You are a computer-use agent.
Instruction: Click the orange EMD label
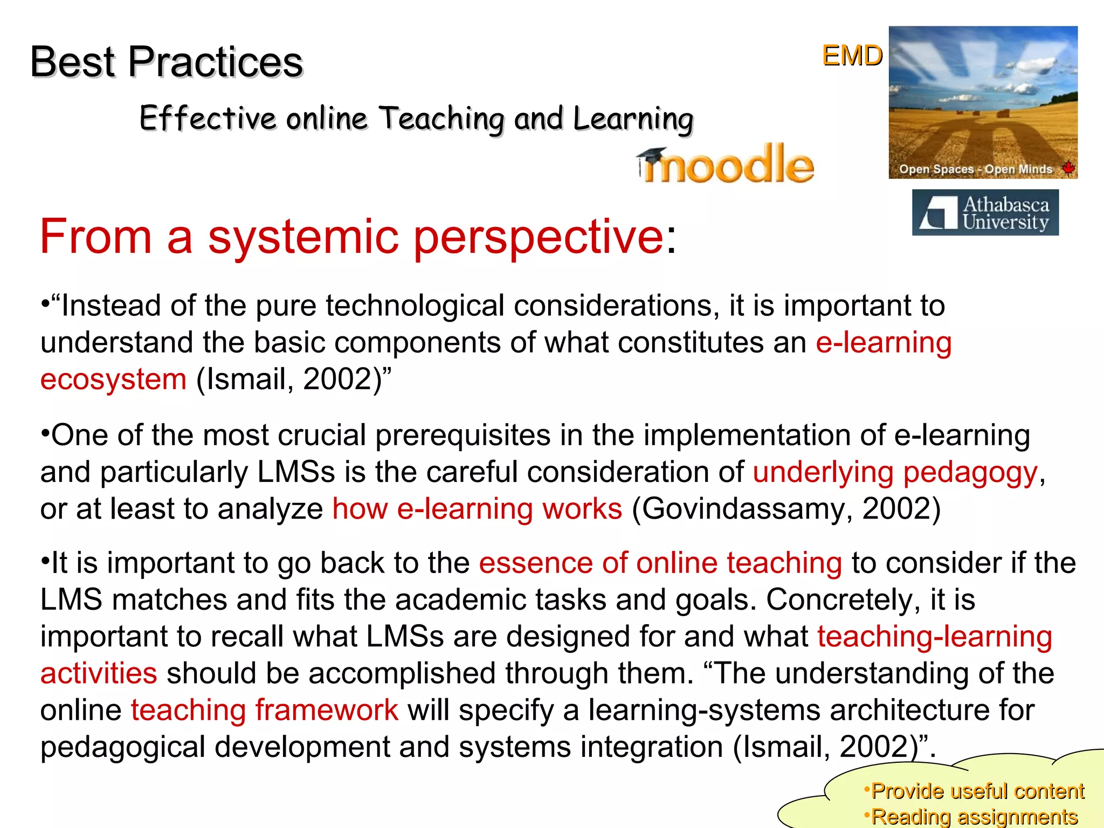coord(852,56)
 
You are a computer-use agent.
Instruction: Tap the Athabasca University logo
coord(985,212)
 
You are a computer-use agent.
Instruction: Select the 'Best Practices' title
coord(167,61)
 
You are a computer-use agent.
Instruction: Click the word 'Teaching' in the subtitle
coord(442,118)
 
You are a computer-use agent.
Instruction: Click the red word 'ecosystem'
coord(113,379)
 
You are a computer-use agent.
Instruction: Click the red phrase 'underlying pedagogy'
coord(895,472)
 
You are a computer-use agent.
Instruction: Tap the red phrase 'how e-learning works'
coord(477,508)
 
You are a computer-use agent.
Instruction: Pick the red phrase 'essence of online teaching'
coord(660,563)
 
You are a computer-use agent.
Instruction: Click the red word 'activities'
coord(99,673)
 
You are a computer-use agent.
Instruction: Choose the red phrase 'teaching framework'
coord(264,710)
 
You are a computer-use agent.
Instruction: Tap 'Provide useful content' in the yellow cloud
coord(977,791)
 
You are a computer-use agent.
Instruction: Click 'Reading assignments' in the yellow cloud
coord(974,817)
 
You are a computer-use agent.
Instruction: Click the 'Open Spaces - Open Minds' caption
coord(975,169)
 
